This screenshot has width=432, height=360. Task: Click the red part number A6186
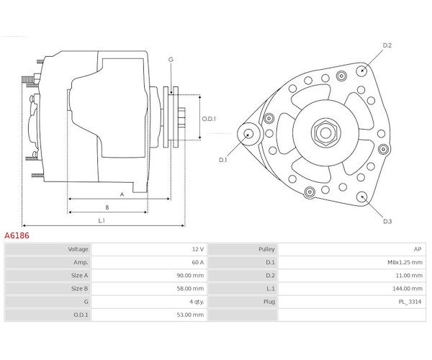(17, 235)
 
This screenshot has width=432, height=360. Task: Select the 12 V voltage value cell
(198, 249)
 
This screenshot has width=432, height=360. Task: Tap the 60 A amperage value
(198, 262)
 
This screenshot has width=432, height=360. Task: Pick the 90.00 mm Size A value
(190, 276)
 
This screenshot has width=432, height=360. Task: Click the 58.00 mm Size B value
(190, 289)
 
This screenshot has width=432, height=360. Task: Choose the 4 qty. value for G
(197, 302)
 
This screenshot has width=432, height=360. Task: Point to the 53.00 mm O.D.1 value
(190, 315)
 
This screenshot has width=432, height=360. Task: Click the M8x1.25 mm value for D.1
(405, 262)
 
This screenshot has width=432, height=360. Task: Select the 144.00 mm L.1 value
(408, 289)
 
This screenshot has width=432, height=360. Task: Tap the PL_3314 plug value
(410, 302)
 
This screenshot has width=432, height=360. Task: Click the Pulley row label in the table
(266, 249)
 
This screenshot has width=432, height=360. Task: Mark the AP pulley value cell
(418, 249)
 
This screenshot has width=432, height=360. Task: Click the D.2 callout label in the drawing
(387, 45)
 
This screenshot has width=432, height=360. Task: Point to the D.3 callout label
(387, 221)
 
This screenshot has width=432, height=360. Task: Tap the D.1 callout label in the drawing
(222, 160)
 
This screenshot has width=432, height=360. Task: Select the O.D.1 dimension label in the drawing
(209, 119)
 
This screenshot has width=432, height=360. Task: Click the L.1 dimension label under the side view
(102, 220)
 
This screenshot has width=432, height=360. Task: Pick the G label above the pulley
(171, 59)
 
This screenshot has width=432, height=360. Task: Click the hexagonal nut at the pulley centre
(325, 133)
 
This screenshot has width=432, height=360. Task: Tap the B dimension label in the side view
(107, 207)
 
